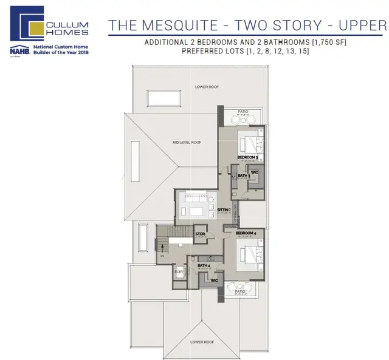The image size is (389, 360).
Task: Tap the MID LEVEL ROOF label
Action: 187,142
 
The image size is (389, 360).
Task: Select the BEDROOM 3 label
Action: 247,158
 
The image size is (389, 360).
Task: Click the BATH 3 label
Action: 244,176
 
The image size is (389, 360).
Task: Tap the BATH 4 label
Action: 204,265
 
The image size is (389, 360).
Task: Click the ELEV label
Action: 179,272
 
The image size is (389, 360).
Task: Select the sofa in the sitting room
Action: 200,210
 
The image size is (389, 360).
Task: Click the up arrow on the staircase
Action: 163,246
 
